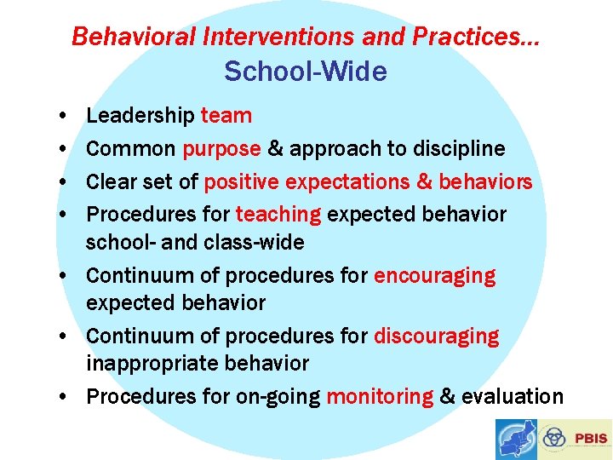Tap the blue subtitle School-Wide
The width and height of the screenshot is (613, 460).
[x=305, y=72]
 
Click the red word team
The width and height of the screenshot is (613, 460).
[x=226, y=115]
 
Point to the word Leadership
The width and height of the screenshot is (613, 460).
[x=140, y=115]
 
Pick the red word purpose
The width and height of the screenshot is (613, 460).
[x=221, y=149]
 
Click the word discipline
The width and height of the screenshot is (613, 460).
[x=459, y=148]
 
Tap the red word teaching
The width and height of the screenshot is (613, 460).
[x=278, y=215]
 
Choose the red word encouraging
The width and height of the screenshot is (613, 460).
[x=434, y=276]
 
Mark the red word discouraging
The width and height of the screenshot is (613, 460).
[x=436, y=336]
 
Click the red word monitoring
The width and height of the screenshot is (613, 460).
[x=380, y=396]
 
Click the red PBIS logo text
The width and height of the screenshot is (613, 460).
[x=591, y=439]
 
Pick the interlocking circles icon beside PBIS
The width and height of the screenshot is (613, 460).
[x=554, y=439]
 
